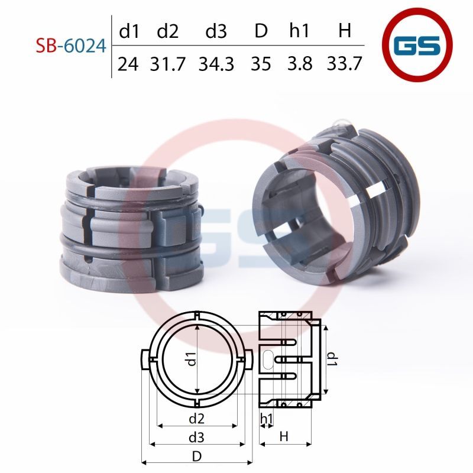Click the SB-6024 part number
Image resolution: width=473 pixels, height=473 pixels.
pos(71,46)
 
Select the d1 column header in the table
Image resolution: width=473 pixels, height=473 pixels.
pos(129,31)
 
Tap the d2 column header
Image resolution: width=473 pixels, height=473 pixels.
pos(168,31)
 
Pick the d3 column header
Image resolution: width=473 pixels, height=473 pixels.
pos(216,31)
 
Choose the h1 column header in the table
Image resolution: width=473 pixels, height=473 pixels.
pos(299,31)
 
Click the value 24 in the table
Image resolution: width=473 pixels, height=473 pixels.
pos(128,64)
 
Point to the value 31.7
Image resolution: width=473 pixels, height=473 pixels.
pos(168,64)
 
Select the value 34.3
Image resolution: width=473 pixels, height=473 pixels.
pos(216,64)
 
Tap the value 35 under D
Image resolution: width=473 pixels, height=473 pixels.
pos(261,64)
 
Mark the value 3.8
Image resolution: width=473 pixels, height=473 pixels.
pos(300,64)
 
